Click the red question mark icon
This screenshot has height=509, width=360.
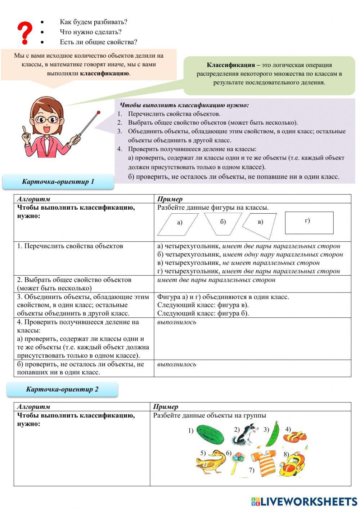click(x=24, y=33)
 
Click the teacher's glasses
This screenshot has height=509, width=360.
click(x=48, y=119)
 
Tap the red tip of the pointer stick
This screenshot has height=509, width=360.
click(x=98, y=112)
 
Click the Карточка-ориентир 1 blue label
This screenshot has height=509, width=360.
click(x=58, y=182)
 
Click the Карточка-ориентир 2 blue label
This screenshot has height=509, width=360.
click(x=62, y=389)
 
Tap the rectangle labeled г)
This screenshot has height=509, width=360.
click(x=309, y=223)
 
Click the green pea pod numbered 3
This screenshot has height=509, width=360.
click(x=273, y=434)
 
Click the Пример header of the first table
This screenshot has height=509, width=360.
click(x=170, y=199)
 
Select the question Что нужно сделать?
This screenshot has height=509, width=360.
click(x=91, y=32)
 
